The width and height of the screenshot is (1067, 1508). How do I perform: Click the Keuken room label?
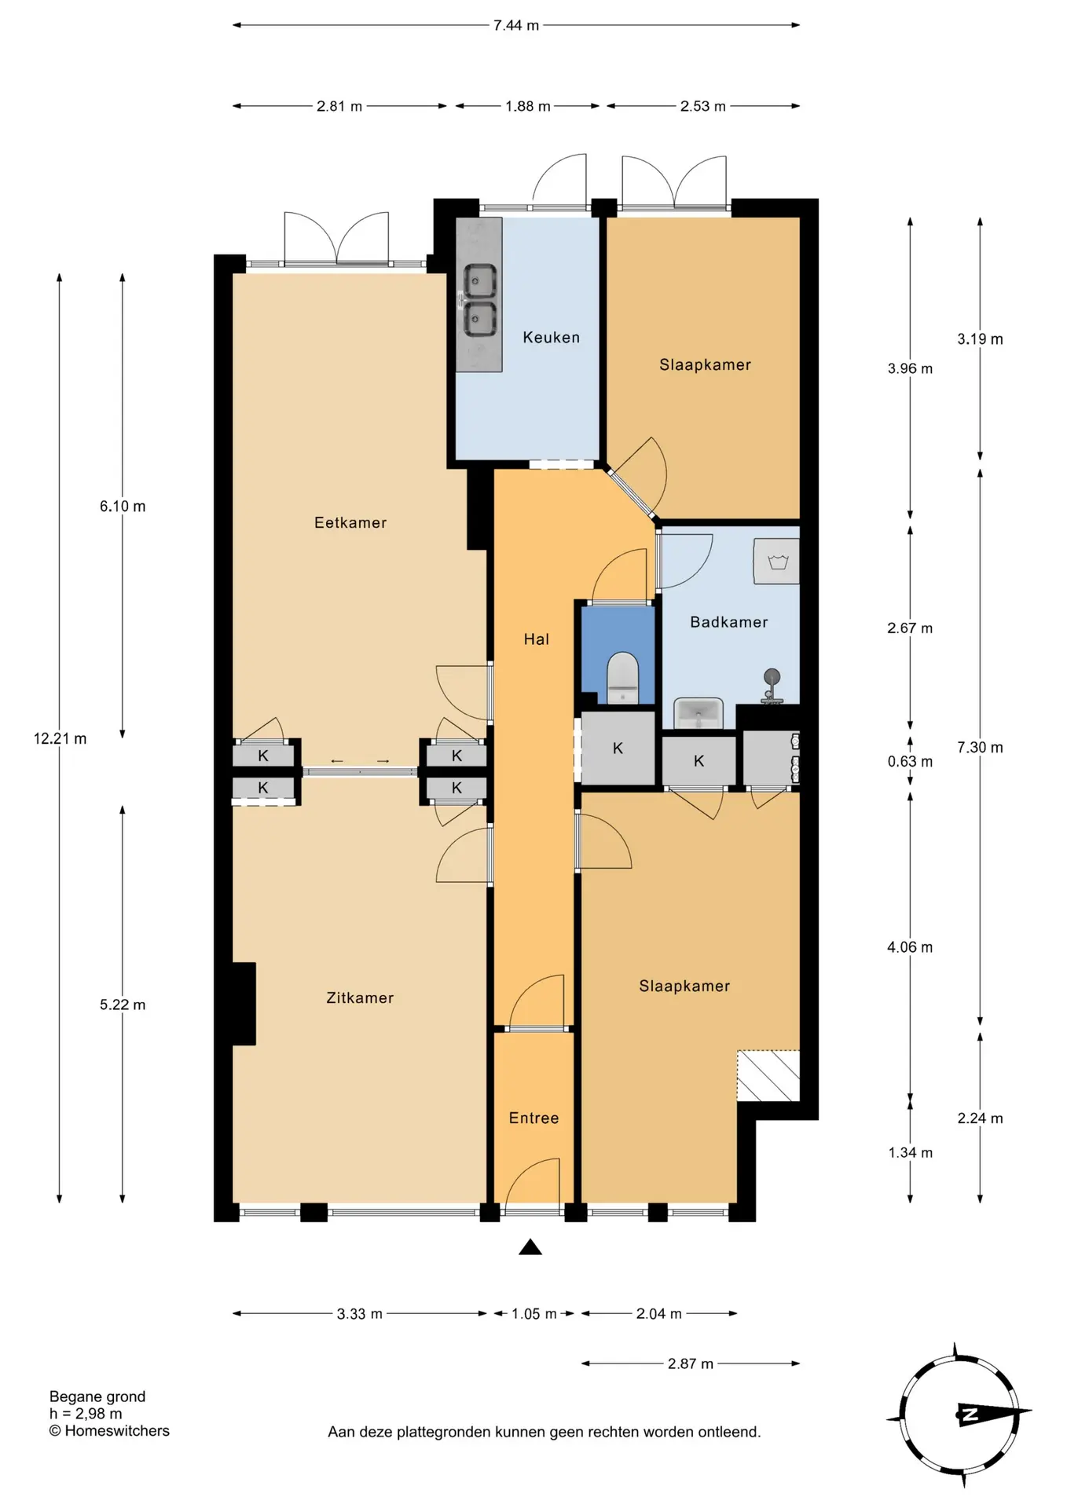[x=551, y=338]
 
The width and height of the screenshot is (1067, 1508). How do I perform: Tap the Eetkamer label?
[x=350, y=523]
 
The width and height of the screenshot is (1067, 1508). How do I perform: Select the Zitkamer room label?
[x=360, y=998]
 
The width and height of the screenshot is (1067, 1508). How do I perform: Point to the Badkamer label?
[x=729, y=622]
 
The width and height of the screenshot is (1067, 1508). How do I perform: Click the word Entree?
[x=533, y=1118]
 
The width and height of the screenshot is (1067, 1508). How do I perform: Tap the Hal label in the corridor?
[x=537, y=639]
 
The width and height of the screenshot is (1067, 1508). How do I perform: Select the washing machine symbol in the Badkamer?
[x=776, y=562]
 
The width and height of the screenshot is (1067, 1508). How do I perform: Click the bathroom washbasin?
[x=698, y=713]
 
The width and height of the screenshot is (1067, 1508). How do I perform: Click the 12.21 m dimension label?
[x=60, y=739]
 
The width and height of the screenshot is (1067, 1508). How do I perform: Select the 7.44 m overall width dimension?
[x=516, y=25]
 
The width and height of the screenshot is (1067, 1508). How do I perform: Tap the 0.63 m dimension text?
[x=910, y=762]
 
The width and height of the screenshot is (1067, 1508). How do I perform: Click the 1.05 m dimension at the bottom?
[x=534, y=1314]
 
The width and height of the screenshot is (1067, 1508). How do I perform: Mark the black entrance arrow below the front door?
[x=530, y=1246]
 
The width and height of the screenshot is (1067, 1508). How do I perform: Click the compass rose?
[x=959, y=1415]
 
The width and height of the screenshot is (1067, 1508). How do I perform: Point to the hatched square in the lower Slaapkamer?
[x=768, y=1076]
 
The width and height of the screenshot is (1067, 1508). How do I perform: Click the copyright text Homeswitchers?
[x=109, y=1431]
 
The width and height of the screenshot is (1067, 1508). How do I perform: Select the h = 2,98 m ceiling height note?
[x=86, y=1414]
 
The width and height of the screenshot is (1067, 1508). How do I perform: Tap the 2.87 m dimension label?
[x=691, y=1364]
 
